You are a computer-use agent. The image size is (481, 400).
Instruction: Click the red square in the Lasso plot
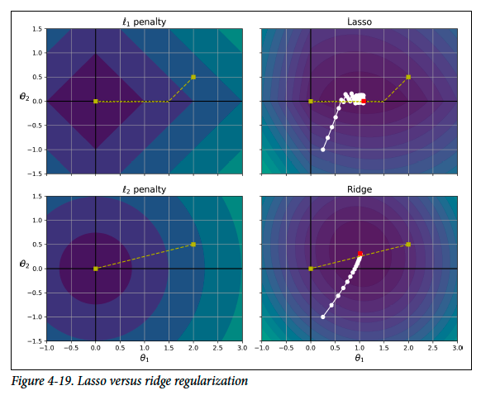pyautogui.click(x=364, y=101)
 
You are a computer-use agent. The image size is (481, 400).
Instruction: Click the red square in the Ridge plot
pyautogui.click(x=360, y=254)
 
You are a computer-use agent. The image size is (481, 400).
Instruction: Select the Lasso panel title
pyautogui.click(x=360, y=21)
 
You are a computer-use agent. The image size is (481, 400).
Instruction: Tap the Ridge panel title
pyautogui.click(x=360, y=189)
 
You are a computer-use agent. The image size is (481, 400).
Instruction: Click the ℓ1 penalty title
pyautogui.click(x=144, y=22)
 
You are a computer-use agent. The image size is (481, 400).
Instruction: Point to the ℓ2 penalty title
pyautogui.click(x=144, y=189)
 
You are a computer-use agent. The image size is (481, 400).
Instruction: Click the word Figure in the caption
pyautogui.click(x=27, y=381)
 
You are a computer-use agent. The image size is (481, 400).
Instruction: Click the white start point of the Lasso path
pyautogui.click(x=322, y=150)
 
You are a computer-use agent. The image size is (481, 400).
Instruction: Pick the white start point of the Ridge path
pyautogui.click(x=322, y=317)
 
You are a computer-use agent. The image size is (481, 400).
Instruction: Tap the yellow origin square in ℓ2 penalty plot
pyautogui.click(x=96, y=269)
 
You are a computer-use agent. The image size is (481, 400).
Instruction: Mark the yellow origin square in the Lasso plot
pyautogui.click(x=311, y=101)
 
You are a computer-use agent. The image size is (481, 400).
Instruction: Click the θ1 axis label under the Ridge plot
pyautogui.click(x=360, y=358)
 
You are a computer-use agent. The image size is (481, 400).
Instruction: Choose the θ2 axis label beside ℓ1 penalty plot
pyautogui.click(x=25, y=97)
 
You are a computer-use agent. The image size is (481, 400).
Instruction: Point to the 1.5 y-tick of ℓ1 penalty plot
pyautogui.click(x=37, y=29)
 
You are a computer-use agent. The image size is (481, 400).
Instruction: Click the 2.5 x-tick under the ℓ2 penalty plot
pyautogui.click(x=218, y=348)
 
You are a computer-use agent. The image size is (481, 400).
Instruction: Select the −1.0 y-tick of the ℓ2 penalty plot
pyautogui.click(x=35, y=317)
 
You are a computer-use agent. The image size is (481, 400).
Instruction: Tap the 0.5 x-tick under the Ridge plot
pyautogui.click(x=335, y=348)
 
